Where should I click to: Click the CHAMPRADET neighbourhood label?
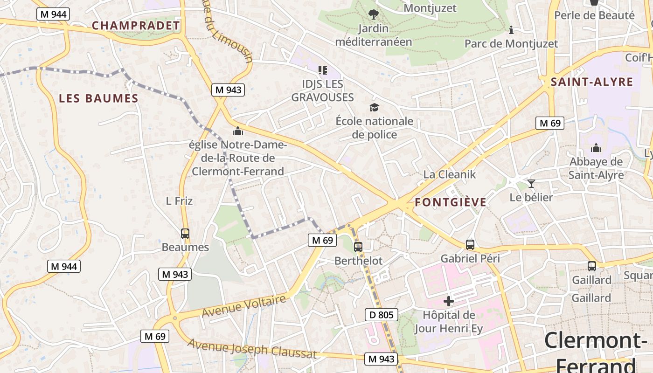coord(136,26)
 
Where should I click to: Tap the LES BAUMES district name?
coord(99,98)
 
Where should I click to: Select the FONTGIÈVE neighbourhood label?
coord(451,202)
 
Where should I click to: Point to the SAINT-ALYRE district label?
coord(592,83)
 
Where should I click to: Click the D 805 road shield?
coord(382,315)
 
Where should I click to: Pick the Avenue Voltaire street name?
coord(243,306)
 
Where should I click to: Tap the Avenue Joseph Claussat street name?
coord(252,348)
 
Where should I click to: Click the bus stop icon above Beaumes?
coord(185,234)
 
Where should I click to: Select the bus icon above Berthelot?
coord(358,247)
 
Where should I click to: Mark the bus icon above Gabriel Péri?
coord(470,244)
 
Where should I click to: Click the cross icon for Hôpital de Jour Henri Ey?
coord(449,301)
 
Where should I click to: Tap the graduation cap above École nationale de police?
coord(374,108)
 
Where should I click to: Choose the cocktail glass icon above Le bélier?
coord(531,183)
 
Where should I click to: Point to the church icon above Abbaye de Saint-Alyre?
coord(596,148)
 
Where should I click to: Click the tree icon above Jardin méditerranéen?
coord(373,14)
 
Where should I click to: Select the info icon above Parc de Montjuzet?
coord(511,30)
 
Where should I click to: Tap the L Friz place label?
coord(179,201)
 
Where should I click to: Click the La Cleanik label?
coord(449,174)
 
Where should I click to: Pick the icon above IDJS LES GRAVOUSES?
coord(322,70)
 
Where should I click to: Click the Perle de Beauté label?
coord(594,15)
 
